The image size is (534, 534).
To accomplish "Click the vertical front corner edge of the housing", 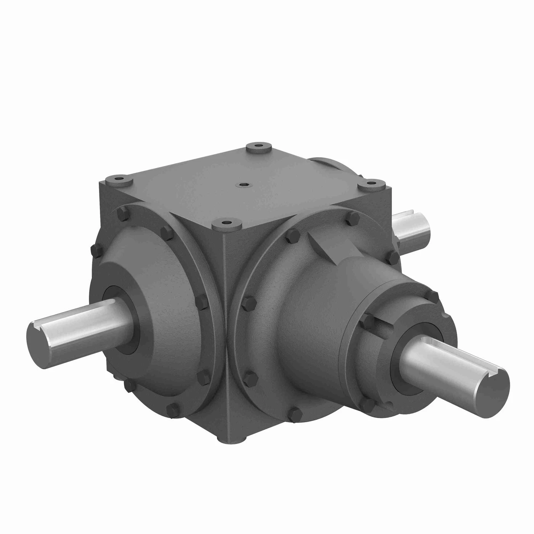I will tap(227, 324).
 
